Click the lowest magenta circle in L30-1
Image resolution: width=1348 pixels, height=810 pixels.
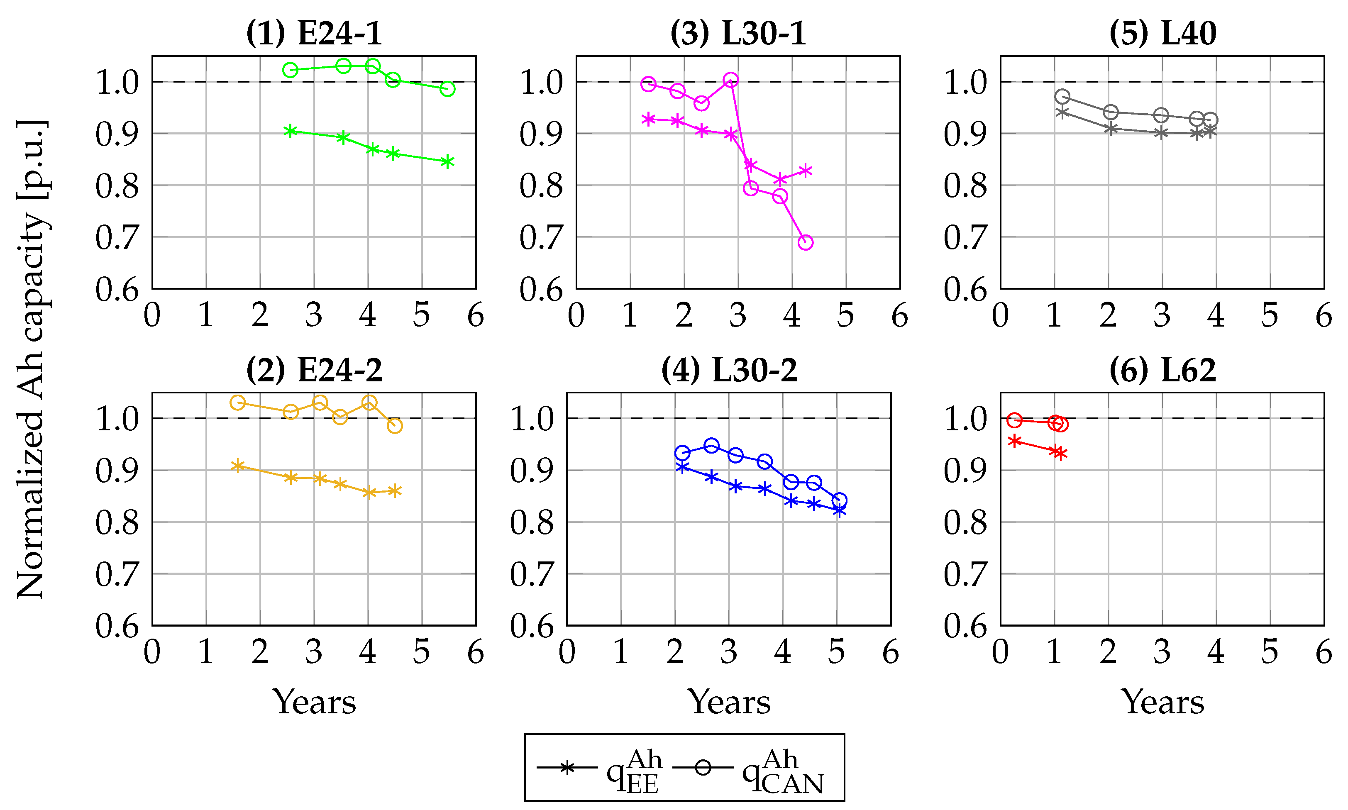click(x=805, y=242)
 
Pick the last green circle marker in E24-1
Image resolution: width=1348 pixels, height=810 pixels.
click(x=447, y=89)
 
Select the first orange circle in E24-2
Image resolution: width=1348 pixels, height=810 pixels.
click(x=237, y=403)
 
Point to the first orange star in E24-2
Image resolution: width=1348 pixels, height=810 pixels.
click(x=237, y=466)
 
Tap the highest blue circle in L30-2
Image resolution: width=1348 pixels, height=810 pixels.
click(x=711, y=445)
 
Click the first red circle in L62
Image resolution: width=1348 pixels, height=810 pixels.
click(x=1014, y=420)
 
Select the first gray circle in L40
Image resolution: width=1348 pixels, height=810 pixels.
click(x=1062, y=97)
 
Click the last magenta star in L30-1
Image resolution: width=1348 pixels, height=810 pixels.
click(x=805, y=171)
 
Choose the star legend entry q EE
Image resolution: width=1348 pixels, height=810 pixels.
click(x=600, y=769)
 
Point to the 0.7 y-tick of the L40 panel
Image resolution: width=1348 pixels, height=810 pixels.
click(x=965, y=237)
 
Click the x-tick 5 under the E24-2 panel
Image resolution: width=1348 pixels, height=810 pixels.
click(x=421, y=653)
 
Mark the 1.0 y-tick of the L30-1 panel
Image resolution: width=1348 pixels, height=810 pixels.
click(x=541, y=83)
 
